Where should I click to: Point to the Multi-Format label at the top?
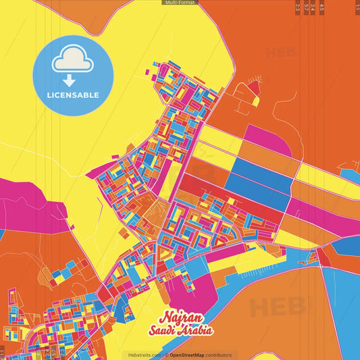coord(180,3)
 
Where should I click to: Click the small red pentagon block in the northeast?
coord(254,88)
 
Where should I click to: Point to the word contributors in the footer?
coord(218,355)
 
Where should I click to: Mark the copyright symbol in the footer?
coord(165,355)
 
